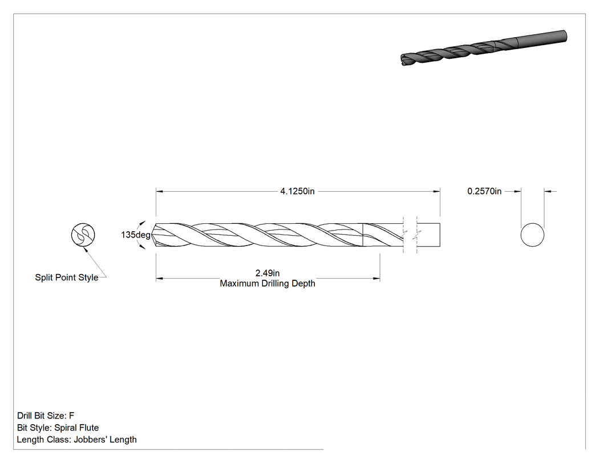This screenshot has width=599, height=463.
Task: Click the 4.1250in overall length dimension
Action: pyautogui.click(x=297, y=191)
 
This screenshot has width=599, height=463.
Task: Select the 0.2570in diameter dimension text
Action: pyautogui.click(x=484, y=191)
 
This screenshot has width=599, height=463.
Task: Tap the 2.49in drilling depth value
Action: pyautogui.click(x=268, y=273)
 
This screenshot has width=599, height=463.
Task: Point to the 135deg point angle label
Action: pyautogui.click(x=136, y=235)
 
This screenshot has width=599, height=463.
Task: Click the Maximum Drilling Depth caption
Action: pyautogui.click(x=268, y=284)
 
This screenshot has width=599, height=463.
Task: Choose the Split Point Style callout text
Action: pyautogui.click(x=67, y=277)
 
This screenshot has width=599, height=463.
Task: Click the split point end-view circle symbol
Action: pyautogui.click(x=83, y=235)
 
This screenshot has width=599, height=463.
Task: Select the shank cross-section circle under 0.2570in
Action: pyautogui.click(x=532, y=235)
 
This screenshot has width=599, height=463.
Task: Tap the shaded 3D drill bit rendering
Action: pyautogui.click(x=484, y=47)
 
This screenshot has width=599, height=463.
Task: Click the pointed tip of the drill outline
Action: pyautogui.click(x=152, y=235)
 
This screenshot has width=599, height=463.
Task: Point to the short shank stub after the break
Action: pyautogui.click(x=428, y=235)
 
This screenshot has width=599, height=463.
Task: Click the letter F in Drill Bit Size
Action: pyautogui.click(x=72, y=416)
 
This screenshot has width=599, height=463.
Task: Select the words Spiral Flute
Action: pyautogui.click(x=76, y=428)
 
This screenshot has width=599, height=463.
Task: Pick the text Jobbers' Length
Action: pyautogui.click(x=105, y=440)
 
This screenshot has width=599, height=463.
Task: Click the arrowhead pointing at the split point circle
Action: pyautogui.click(x=86, y=249)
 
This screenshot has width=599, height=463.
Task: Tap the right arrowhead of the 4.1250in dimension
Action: pyautogui.click(x=436, y=191)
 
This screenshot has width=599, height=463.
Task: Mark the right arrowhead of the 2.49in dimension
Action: pyautogui.click(x=377, y=279)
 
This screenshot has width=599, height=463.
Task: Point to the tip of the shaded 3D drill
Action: pyautogui.click(x=402, y=60)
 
